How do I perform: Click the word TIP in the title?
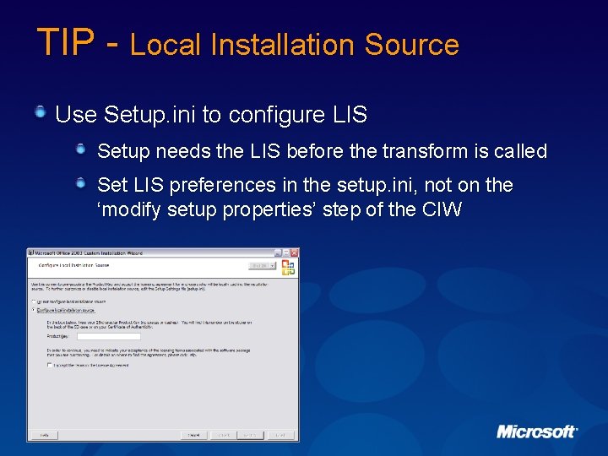tap(62, 42)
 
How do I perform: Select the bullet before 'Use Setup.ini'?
tap(41, 112)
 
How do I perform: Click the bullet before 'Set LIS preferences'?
tap(81, 183)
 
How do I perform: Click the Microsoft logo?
tap(536, 432)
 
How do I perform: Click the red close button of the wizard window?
tap(294, 252)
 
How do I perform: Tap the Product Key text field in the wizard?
tap(96, 336)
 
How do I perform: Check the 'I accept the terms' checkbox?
tap(49, 366)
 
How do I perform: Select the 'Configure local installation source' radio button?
tap(34, 310)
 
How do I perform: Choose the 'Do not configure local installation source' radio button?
tap(34, 301)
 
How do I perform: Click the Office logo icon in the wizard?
tap(288, 267)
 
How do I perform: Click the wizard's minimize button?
tap(277, 252)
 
